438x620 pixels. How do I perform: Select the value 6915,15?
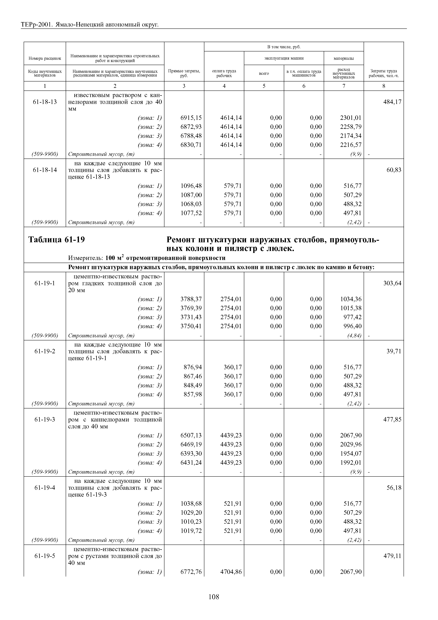coord(191,118)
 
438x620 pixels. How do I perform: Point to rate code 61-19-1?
coord(45,283)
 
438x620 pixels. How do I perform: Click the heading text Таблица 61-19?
coord(57,239)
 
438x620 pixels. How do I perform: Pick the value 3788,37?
coord(191,299)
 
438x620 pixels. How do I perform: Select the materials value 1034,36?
coord(351,299)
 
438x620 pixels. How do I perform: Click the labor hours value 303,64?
coord(392,283)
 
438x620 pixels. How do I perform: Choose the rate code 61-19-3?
coord(45,419)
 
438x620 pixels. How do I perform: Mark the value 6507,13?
coord(191,435)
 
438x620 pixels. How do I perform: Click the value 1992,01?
coord(351,463)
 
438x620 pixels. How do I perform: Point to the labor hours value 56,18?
coord(394,488)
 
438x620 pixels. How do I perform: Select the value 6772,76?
coord(191,572)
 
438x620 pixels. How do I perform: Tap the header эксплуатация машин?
coord(284,58)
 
